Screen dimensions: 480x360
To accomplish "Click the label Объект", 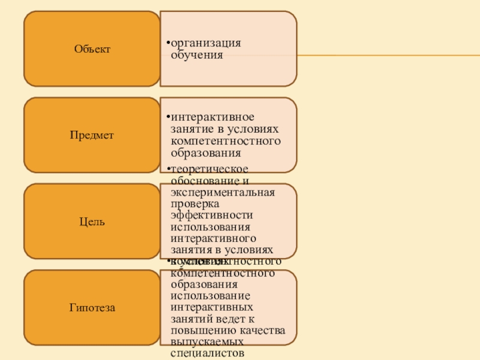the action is pyautogui.click(x=92, y=49).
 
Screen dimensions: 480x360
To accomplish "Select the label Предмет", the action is pyautogui.click(x=92, y=136).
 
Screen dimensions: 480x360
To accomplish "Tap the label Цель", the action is pyautogui.click(x=92, y=222).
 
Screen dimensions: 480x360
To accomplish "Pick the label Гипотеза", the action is pyautogui.click(x=92, y=308).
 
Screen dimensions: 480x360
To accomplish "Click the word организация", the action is pyautogui.click(x=206, y=43).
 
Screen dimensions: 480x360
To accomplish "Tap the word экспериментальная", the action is pyautogui.click(x=223, y=193).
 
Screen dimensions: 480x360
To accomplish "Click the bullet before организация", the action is pyautogui.click(x=168, y=43).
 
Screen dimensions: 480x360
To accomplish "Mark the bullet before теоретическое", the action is pyautogui.click(x=168, y=170).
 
